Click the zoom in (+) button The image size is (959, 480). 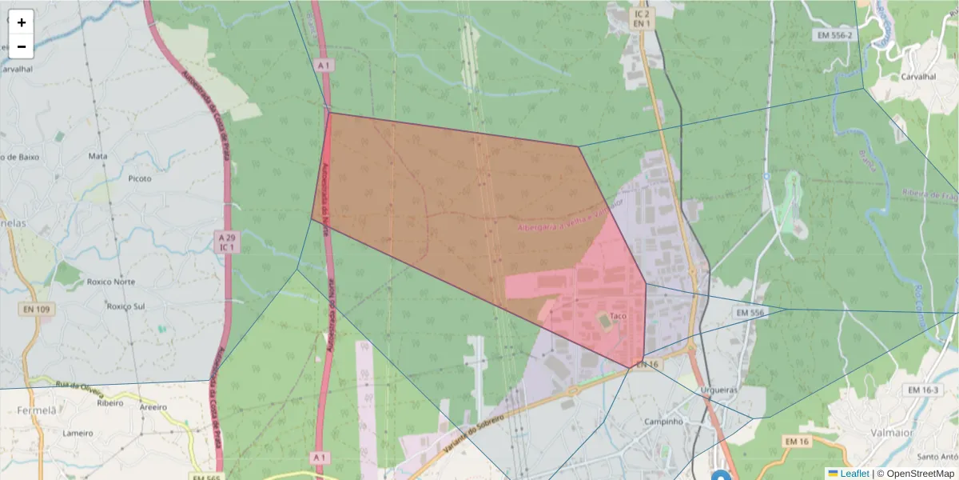(22, 22)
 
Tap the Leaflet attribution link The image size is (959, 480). (854, 473)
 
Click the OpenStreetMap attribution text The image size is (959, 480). (915, 473)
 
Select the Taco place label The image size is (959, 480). (617, 316)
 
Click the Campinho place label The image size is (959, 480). (663, 421)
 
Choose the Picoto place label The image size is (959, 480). (140, 178)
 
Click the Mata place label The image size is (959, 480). (98, 156)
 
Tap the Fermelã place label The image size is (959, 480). (37, 410)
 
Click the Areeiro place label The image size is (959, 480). (153, 407)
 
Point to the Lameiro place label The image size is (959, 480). (78, 433)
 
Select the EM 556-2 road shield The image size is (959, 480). (836, 35)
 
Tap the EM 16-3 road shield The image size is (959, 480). (923, 390)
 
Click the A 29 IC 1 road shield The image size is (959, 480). (228, 242)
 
